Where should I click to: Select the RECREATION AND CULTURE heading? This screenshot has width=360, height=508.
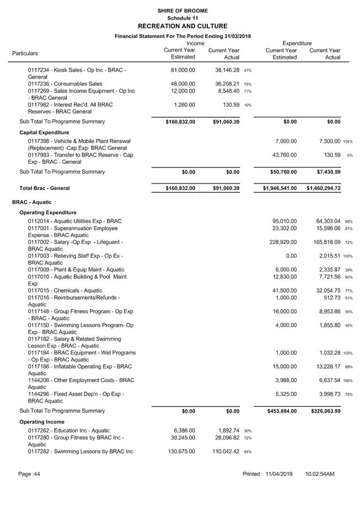coord(182,26)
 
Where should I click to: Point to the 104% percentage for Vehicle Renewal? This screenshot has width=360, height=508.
coord(348,142)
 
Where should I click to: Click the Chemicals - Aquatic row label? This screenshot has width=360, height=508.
coord(65,290)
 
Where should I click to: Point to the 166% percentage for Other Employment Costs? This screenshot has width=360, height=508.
coord(348,380)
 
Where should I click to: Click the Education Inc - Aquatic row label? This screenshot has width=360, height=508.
coord(69,430)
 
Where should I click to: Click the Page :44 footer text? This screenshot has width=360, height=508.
coord(29,474)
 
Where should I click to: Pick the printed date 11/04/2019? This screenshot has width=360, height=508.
coord(277,474)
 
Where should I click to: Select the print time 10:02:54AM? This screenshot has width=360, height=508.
coord(319,474)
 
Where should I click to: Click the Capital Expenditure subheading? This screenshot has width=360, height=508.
coord(44,132)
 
